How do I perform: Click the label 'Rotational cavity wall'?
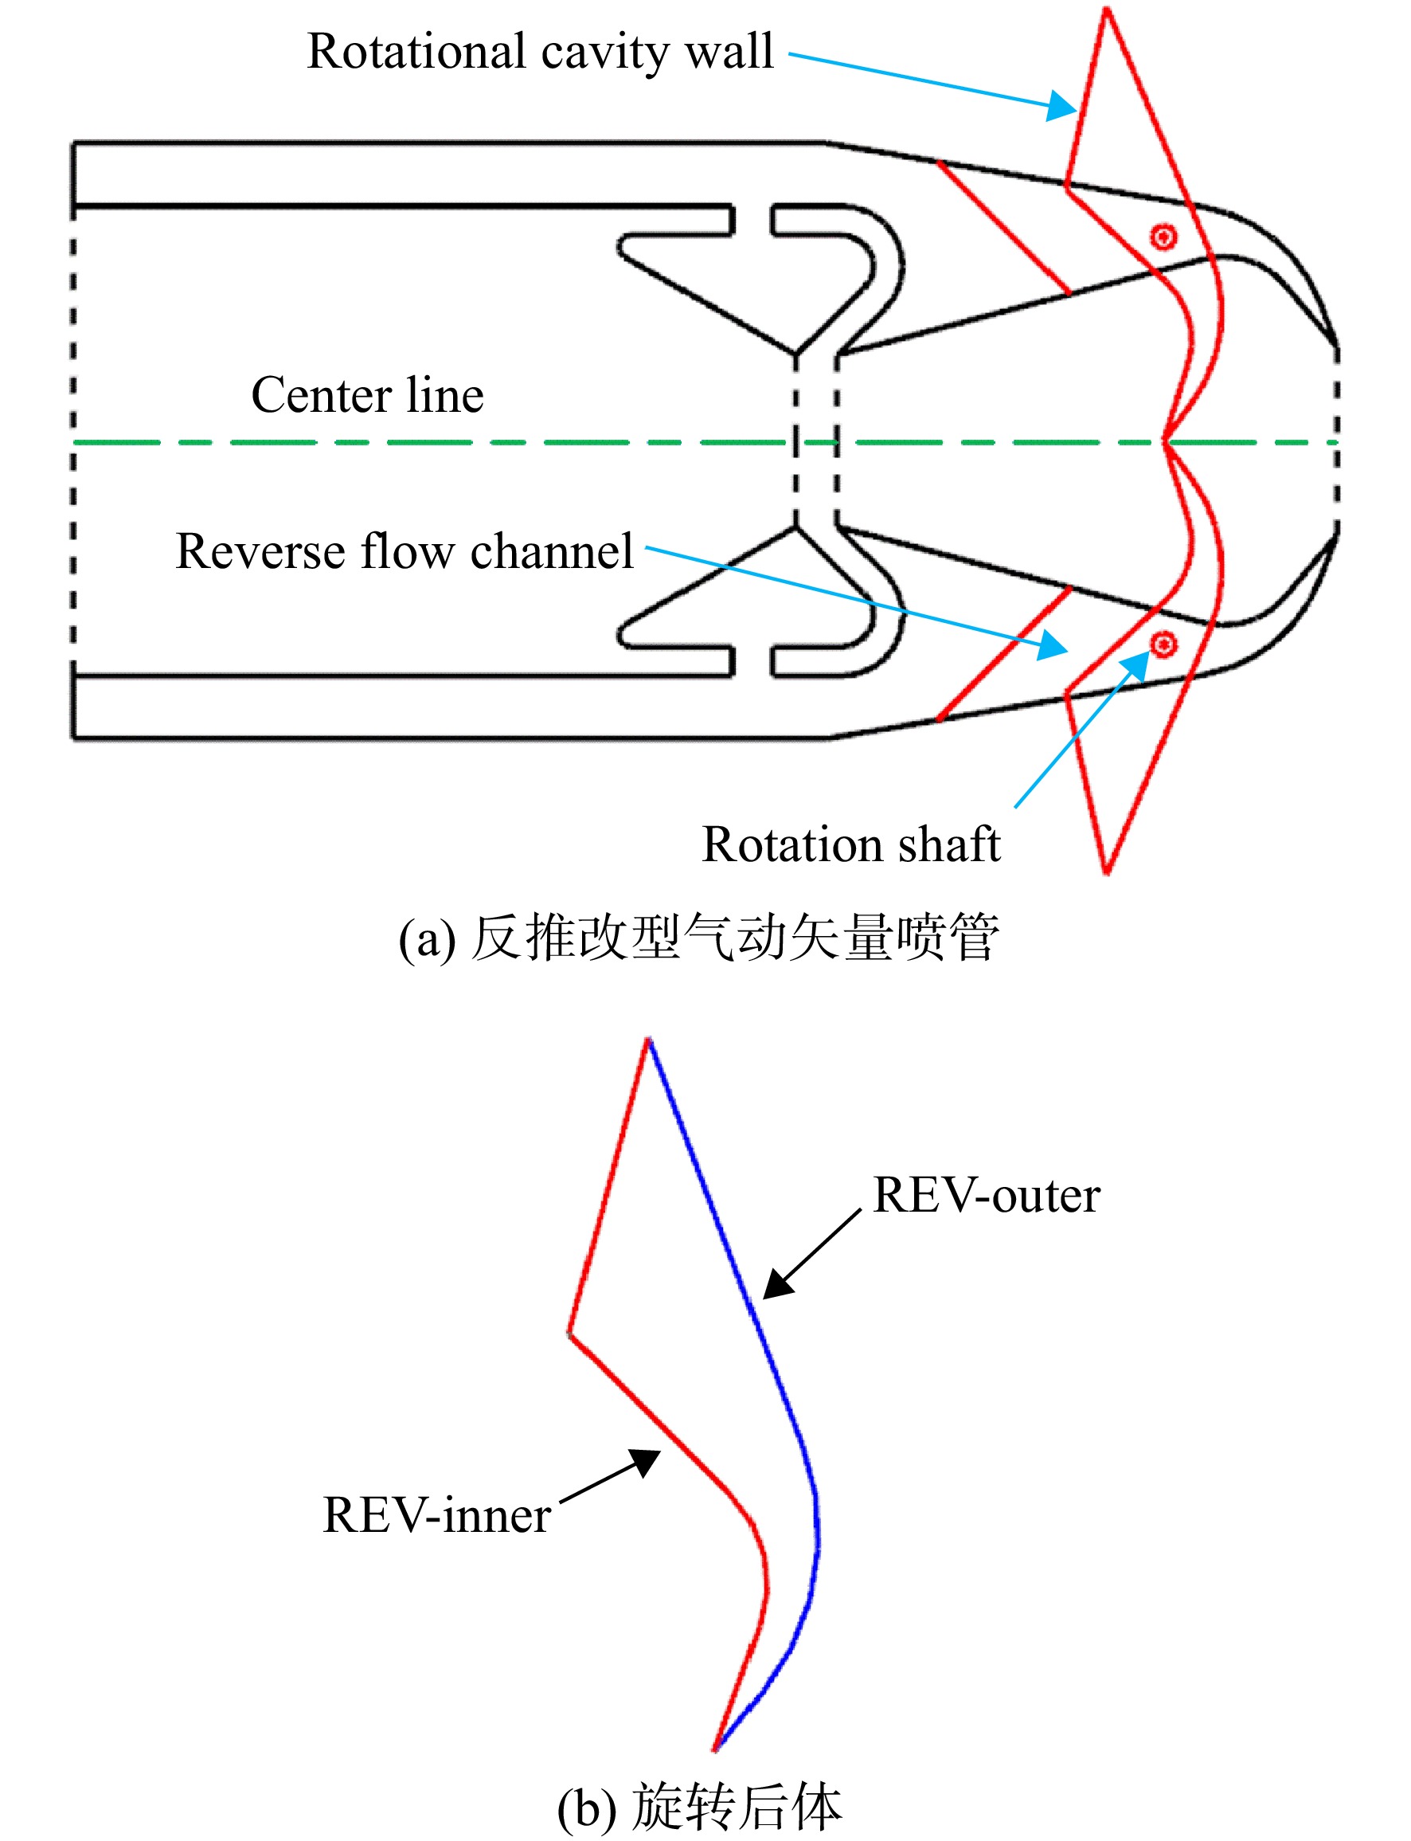point(540,52)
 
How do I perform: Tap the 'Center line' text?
point(368,395)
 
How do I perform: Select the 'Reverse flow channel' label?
point(404,551)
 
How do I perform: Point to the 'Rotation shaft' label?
point(850,844)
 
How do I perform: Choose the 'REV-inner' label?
point(436,1515)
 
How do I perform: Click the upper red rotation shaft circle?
point(1163,237)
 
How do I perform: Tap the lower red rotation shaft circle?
point(1163,644)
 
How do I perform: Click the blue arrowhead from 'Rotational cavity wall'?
point(1063,106)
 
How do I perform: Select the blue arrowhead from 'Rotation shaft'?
point(1137,664)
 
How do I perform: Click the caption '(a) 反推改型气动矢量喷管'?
point(699,938)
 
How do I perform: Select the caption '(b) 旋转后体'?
point(699,1807)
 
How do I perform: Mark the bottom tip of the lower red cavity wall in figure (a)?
point(1107,873)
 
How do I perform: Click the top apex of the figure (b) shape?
point(648,1040)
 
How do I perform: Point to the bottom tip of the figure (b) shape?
point(716,1750)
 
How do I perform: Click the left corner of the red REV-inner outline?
point(569,1334)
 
